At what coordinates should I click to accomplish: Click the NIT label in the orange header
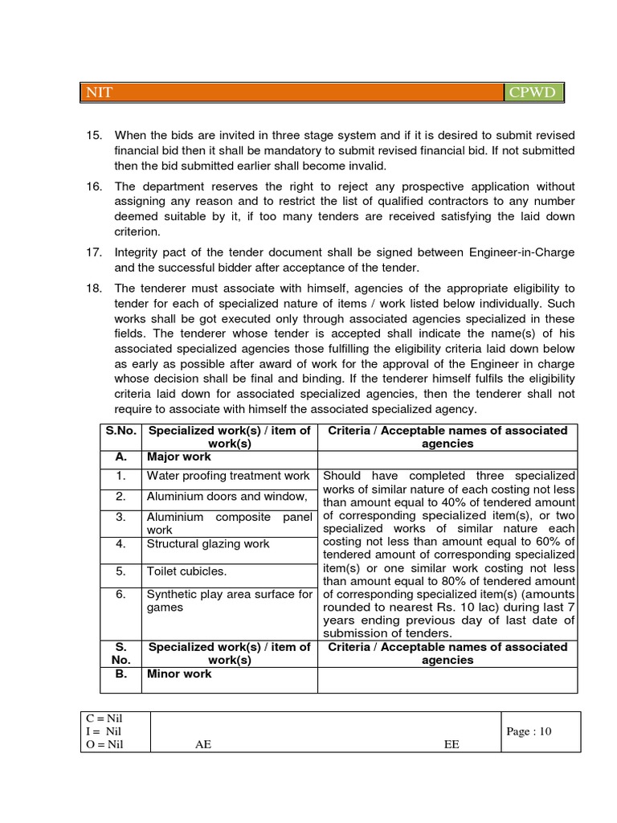[100, 92]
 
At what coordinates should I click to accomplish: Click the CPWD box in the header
[532, 92]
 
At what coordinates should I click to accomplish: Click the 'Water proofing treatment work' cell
[228, 476]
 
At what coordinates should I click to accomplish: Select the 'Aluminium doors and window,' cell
[227, 497]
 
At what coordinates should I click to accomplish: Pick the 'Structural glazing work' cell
[208, 544]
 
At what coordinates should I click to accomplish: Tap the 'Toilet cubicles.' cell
[187, 571]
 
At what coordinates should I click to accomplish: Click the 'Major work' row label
[179, 457]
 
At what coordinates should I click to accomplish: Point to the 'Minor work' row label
[179, 674]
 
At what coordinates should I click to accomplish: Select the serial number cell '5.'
[121, 571]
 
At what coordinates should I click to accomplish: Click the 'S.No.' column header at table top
[121, 431]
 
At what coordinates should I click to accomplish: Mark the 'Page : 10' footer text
[529, 731]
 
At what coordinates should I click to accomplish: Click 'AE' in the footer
[203, 744]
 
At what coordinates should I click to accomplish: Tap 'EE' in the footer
[452, 744]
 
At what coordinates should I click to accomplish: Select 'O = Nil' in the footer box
[106, 744]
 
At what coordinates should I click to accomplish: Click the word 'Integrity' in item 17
[137, 252]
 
